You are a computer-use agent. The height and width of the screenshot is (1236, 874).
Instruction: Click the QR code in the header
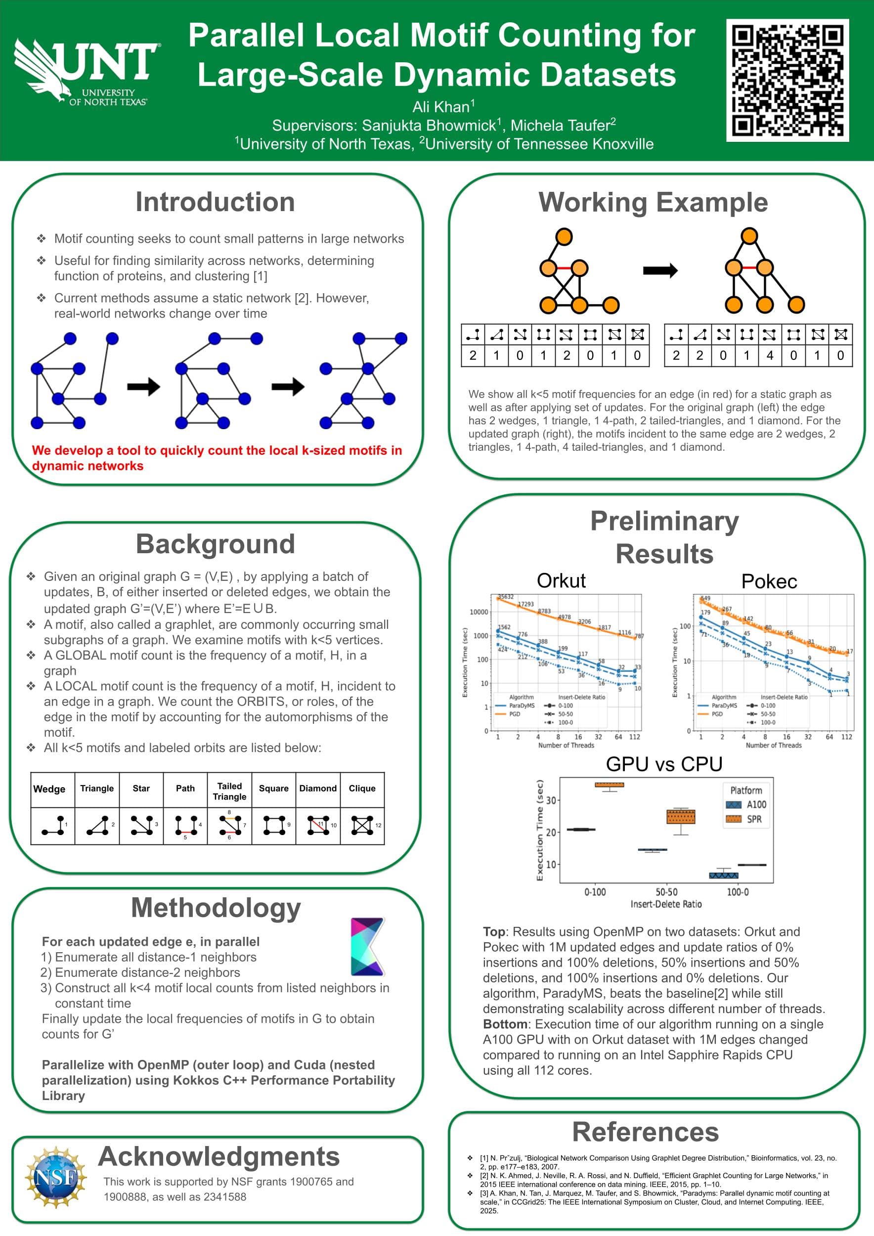click(x=787, y=80)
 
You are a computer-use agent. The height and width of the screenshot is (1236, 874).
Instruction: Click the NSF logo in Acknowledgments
click(x=55, y=1178)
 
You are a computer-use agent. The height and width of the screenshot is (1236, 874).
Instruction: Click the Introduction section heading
click(x=215, y=202)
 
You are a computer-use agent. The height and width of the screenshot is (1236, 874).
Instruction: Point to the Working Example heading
click(x=653, y=202)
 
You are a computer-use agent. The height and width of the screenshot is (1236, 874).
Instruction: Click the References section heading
click(x=645, y=1132)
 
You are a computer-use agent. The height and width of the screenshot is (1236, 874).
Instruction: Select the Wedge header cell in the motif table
click(x=49, y=789)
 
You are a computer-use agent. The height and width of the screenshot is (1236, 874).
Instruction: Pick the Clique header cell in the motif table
click(x=362, y=788)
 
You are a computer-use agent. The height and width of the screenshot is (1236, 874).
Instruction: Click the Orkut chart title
click(x=561, y=580)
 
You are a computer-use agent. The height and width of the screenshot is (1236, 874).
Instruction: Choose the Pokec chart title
click(x=769, y=581)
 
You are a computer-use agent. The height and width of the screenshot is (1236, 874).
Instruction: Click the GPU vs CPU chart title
click(x=663, y=764)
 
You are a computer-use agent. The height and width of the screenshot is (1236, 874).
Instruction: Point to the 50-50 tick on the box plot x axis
click(x=666, y=892)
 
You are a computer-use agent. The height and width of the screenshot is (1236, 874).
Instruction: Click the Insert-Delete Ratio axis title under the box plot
click(x=666, y=904)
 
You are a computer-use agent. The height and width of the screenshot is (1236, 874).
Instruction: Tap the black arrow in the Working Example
click(x=660, y=270)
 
